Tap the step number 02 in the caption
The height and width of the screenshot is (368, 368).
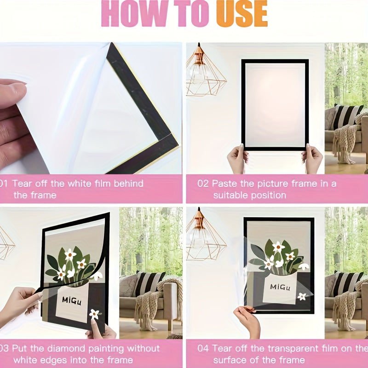(203, 184)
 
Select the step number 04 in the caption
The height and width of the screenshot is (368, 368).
(203, 348)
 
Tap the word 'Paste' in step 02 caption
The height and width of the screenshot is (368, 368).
(225, 184)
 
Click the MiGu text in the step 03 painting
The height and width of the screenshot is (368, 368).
(73, 300)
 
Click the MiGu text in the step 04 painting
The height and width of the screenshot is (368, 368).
(280, 287)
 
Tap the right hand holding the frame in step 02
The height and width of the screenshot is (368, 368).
(313, 159)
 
